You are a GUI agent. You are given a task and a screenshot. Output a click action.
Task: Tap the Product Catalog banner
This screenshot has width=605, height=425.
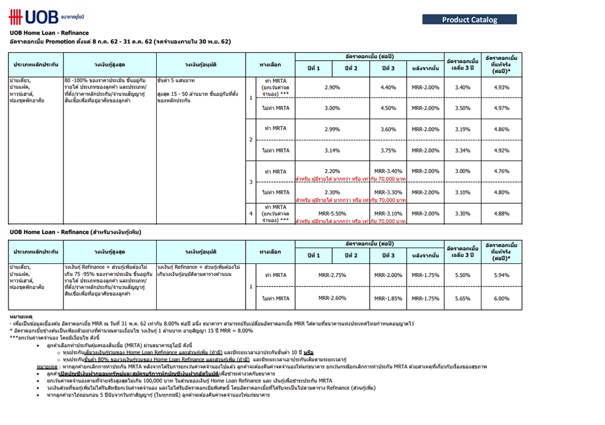click(x=469, y=19)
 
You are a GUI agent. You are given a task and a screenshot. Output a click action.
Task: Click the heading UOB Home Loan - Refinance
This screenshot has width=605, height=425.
click(x=49, y=33)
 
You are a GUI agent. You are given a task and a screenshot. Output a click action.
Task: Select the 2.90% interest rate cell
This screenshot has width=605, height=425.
click(x=332, y=87)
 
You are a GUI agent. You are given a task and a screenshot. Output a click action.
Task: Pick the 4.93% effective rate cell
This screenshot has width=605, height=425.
click(x=502, y=87)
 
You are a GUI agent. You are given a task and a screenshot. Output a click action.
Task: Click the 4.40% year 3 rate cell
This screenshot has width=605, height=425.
click(x=388, y=87)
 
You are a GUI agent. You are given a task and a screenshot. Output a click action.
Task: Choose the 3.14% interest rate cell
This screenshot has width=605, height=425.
click(x=332, y=150)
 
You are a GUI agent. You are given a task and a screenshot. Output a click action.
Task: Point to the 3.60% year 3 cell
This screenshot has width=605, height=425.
click(x=388, y=129)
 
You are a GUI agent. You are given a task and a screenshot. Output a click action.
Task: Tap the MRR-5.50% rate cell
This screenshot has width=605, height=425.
click(x=332, y=213)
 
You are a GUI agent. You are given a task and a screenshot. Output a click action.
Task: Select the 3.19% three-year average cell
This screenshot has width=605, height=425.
click(x=462, y=129)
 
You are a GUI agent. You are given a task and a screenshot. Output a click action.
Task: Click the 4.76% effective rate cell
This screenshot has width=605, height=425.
click(x=502, y=171)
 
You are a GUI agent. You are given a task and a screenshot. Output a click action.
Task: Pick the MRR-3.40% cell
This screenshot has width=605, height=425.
click(x=388, y=171)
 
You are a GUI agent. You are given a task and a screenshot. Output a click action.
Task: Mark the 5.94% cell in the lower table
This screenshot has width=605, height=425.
click(x=502, y=275)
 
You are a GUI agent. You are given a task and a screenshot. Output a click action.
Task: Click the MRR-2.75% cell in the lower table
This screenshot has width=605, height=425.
click(x=332, y=275)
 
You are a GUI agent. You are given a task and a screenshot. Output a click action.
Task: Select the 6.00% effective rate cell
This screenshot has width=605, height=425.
click(x=502, y=298)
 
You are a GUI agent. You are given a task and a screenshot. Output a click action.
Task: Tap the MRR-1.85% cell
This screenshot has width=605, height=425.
click(x=388, y=298)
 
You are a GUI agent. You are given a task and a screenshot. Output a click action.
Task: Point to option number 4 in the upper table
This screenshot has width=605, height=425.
click(x=251, y=214)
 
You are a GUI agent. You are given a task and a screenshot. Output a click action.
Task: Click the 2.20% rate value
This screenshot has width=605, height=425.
click(x=332, y=171)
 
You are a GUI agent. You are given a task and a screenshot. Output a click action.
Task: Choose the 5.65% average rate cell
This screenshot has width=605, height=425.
click(x=462, y=298)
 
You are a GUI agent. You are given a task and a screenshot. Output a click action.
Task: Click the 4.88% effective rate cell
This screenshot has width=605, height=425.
click(x=502, y=213)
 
